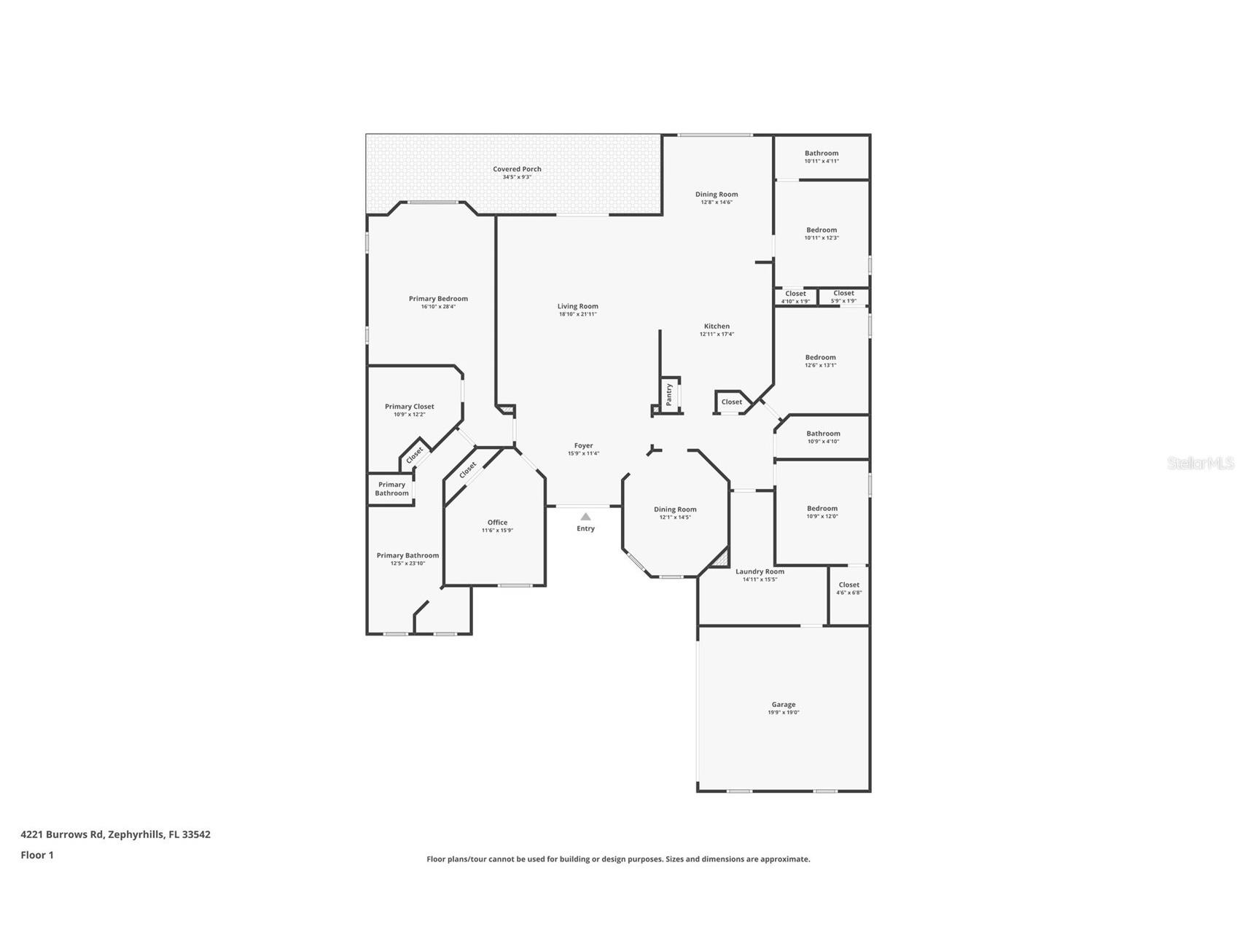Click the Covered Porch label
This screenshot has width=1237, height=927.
(517, 169)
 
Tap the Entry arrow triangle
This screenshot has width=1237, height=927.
(585, 517)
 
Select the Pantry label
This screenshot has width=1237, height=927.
(669, 395)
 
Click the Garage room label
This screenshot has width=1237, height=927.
(784, 705)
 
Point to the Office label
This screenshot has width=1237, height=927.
(497, 523)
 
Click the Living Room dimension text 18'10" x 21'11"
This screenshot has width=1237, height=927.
(578, 314)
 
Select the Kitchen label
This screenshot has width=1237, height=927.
(717, 326)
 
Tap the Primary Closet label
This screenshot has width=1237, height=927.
(409, 407)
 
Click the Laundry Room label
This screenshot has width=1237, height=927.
(760, 571)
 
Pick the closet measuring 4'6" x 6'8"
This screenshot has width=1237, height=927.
(848, 588)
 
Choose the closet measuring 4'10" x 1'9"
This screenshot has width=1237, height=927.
(795, 297)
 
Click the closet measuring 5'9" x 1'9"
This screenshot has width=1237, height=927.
(843, 297)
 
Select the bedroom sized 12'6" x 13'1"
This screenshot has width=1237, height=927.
(820, 361)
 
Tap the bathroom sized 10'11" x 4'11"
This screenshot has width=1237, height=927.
(822, 157)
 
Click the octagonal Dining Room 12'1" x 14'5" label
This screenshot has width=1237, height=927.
(675, 509)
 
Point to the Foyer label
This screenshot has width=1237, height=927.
(583, 445)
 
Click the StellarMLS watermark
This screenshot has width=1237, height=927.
(1200, 463)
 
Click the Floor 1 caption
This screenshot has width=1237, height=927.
(37, 855)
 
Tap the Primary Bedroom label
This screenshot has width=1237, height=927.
(438, 299)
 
